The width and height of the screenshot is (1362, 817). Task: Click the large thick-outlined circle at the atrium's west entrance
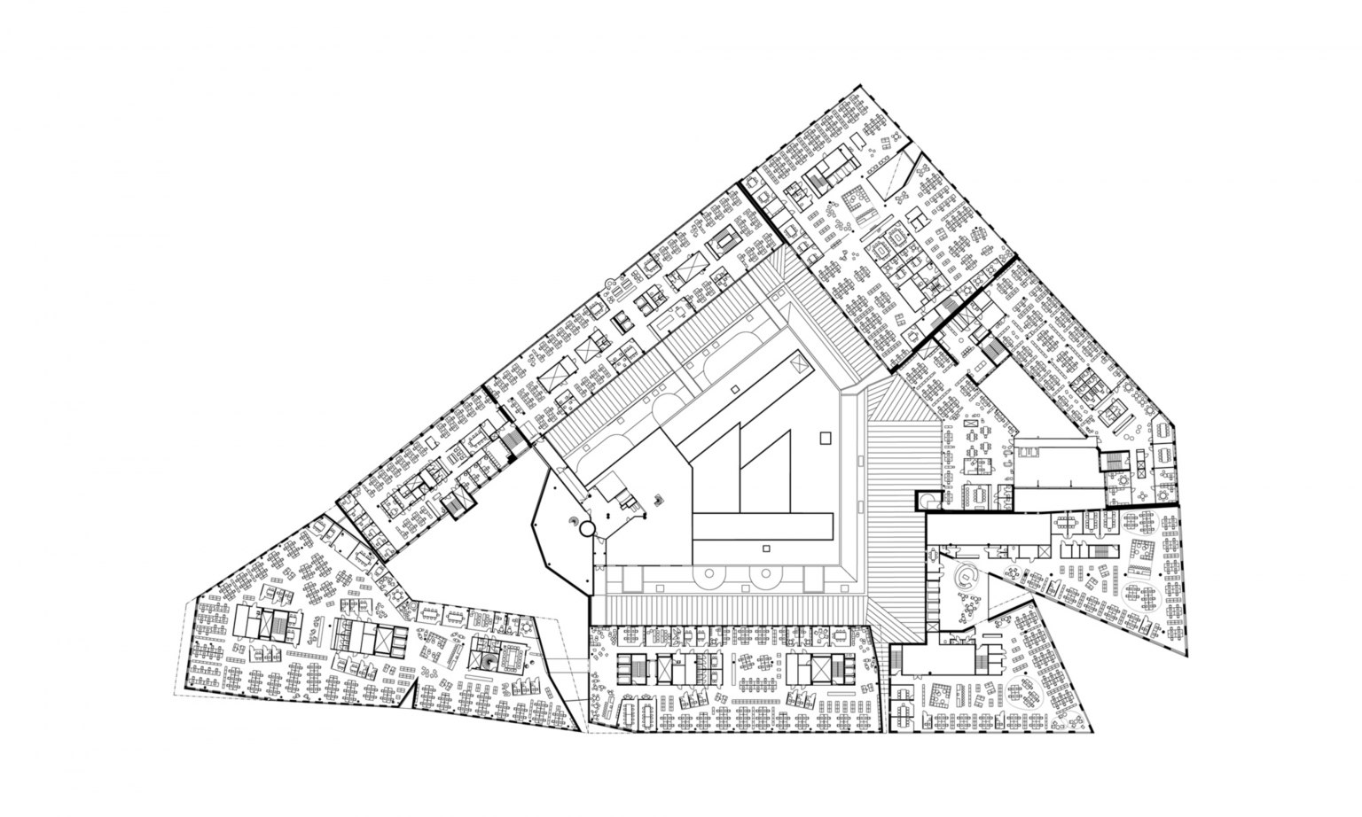click(586, 530)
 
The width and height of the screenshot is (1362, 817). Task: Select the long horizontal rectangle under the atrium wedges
click(763, 527)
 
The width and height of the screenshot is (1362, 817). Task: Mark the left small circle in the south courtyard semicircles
click(711, 577)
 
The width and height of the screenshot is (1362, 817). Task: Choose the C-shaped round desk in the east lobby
click(965, 580)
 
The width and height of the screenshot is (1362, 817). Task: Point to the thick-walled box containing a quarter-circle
click(928, 501)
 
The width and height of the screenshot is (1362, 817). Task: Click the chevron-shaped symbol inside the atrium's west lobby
click(657, 500)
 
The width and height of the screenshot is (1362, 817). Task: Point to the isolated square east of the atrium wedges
click(826, 437)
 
